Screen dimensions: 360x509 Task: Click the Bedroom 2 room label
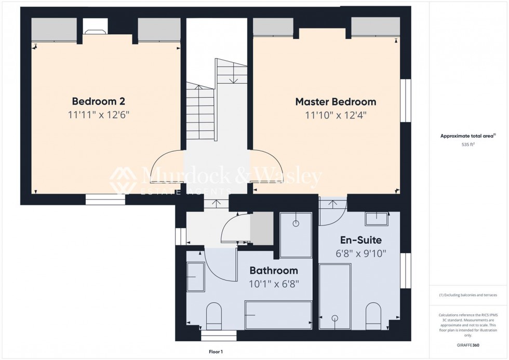coord(98,101)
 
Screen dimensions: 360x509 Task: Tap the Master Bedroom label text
coord(336,101)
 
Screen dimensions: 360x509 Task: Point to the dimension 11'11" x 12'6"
coord(98,115)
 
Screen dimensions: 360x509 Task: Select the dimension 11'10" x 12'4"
coord(336,115)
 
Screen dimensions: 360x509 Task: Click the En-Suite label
coord(360,240)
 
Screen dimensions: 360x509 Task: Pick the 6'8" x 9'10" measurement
coord(360,254)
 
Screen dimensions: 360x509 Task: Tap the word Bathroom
coord(274,270)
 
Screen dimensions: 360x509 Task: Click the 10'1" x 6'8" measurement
coord(274,284)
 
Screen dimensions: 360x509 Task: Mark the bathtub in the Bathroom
coord(278,315)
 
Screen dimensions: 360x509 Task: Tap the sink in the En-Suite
coord(377,219)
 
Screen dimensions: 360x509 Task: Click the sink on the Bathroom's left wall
coord(195,277)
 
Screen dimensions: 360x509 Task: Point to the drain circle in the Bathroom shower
coord(296,224)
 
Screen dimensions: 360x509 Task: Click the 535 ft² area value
coord(468,145)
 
